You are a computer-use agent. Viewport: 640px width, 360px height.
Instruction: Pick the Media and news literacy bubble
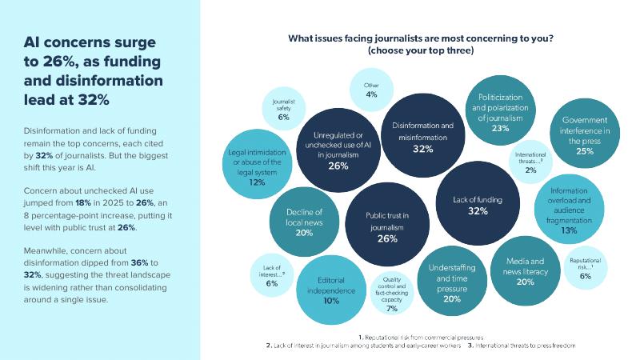click(525, 270)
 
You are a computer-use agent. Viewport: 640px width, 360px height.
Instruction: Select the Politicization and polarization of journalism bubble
click(501, 111)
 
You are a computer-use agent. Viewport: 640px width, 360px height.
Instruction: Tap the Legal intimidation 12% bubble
click(258, 167)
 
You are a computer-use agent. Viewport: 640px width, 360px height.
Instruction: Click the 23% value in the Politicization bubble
click(501, 128)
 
